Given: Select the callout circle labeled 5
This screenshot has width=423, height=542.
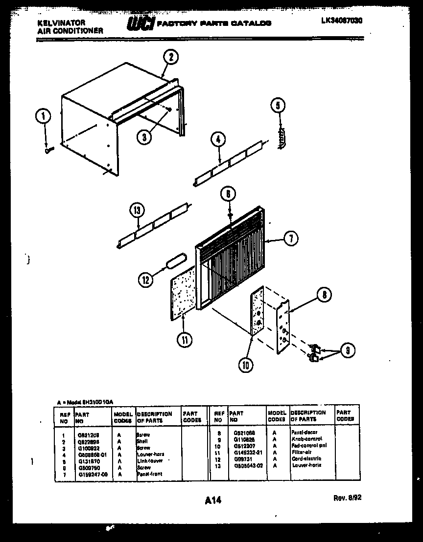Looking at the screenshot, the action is [278, 105].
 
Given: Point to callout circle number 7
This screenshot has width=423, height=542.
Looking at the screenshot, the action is [290, 238].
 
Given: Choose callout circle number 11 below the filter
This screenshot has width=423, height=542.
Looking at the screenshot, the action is [185, 340].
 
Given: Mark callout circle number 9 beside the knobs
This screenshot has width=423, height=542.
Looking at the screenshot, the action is [347, 350].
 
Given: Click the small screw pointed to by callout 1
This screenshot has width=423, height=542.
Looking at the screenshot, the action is [49, 151].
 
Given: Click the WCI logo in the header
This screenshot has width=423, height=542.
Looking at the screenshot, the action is [140, 23].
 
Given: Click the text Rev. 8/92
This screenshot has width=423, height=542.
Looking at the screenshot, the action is [347, 498].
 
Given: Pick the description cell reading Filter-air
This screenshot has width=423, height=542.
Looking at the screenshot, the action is [302, 453].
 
